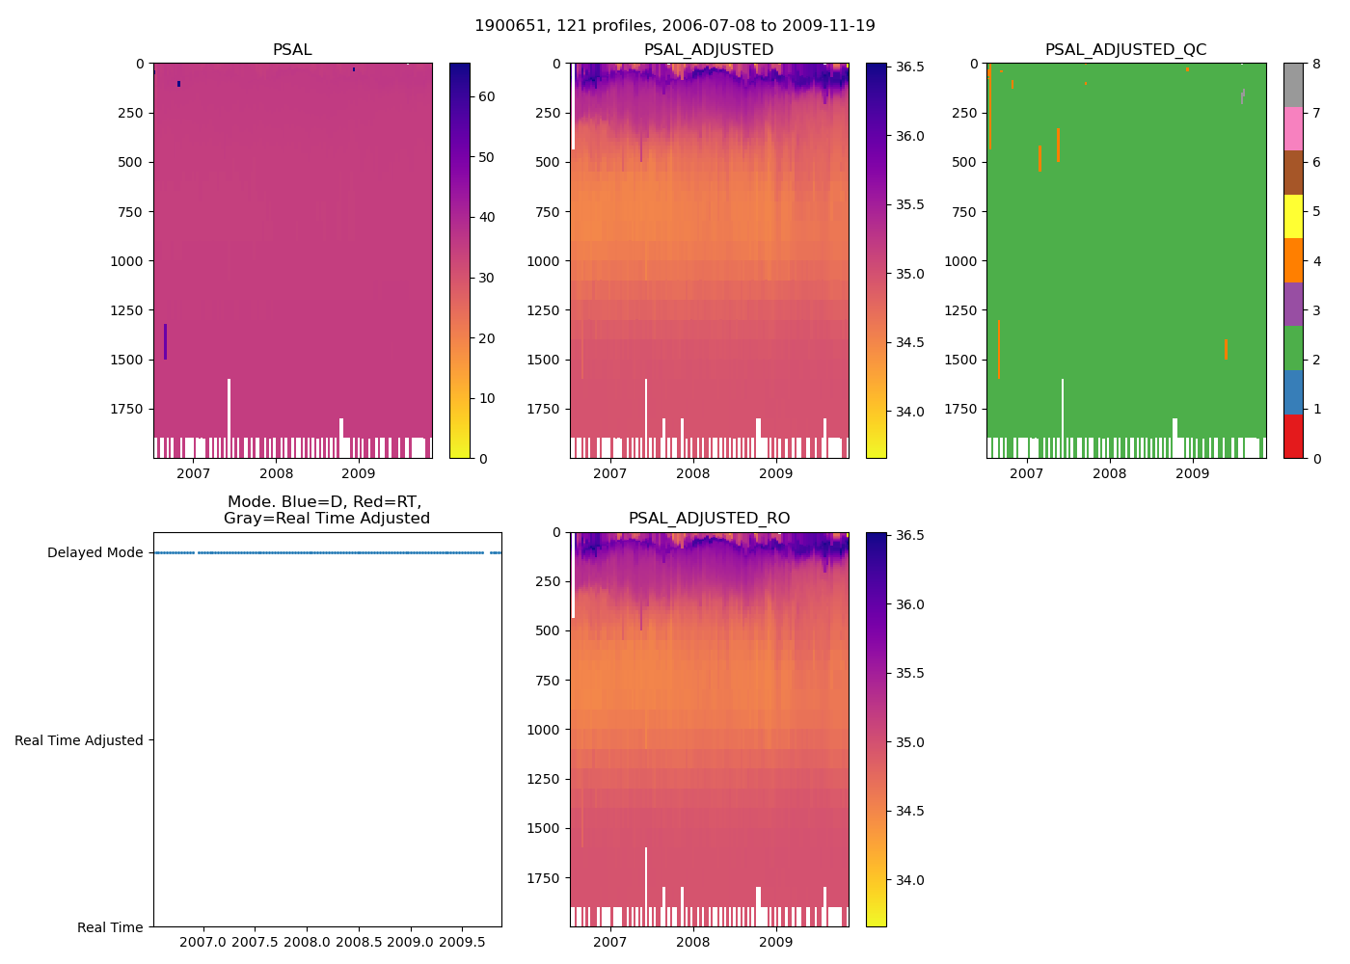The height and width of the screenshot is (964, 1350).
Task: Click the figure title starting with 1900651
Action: [x=675, y=26]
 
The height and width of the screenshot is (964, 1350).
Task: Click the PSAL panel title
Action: [x=292, y=50]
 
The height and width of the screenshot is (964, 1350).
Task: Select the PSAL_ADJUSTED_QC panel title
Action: [x=1125, y=50]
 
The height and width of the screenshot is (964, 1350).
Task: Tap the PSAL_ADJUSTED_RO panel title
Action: [x=709, y=519]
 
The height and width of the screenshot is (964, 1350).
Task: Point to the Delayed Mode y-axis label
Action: [x=94, y=553]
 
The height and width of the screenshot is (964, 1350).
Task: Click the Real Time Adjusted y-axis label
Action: [x=79, y=740]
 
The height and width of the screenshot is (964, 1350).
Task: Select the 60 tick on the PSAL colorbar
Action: [x=487, y=96]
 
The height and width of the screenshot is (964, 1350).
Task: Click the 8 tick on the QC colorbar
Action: [x=1316, y=64]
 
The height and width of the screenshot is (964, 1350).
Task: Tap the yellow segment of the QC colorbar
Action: [x=1293, y=217]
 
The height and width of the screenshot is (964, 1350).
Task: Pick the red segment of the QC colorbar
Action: [x=1293, y=437]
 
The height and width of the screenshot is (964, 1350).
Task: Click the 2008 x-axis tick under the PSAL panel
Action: [x=276, y=473]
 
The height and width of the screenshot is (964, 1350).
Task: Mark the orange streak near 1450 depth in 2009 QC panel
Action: [x=1226, y=349]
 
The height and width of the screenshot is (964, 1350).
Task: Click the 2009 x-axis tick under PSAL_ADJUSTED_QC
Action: [x=1193, y=473]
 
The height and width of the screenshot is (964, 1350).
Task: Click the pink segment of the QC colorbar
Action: [x=1293, y=129]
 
